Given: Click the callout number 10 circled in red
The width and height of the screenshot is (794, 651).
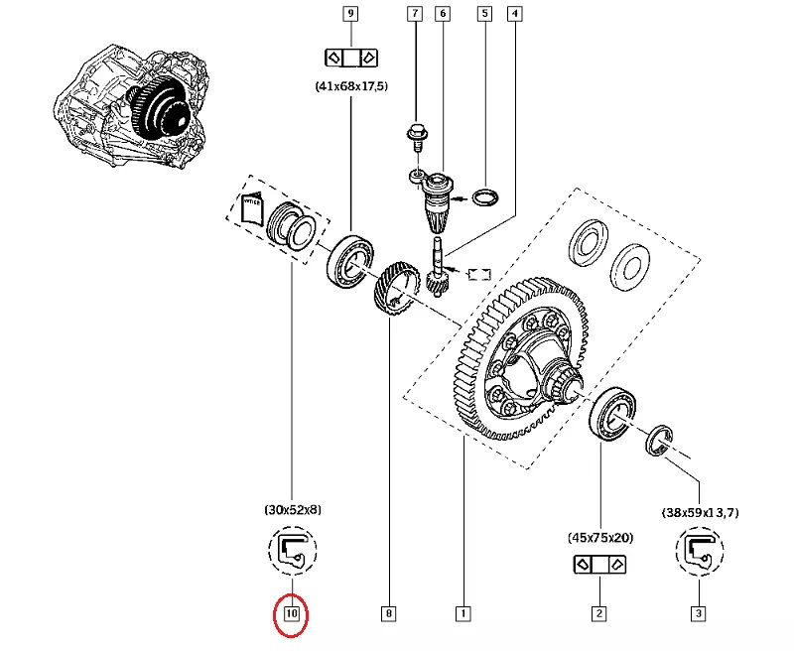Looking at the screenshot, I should point(292,614).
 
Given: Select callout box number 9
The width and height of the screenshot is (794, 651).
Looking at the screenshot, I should point(349,14).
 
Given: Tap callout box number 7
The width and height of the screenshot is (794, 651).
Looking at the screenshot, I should point(415,14).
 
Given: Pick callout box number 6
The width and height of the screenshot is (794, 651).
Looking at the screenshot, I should point(443,14).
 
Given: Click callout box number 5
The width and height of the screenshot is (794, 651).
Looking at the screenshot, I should point(483,14).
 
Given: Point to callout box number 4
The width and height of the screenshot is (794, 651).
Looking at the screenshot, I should point(514,14).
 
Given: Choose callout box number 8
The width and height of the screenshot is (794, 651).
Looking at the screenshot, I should point(388,614).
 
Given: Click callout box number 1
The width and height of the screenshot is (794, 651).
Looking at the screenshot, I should point(463,614).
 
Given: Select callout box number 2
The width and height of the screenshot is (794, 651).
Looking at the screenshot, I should point(598,614).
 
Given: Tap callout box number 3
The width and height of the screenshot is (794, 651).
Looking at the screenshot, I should point(699,614).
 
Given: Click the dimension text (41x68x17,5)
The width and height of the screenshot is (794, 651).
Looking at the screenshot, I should point(349,86).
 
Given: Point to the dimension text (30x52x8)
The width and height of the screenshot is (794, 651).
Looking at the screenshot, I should point(292,509).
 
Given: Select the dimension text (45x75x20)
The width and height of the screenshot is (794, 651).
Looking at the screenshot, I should point(598,537).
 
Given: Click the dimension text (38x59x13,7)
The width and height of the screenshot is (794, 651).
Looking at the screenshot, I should point(700,513).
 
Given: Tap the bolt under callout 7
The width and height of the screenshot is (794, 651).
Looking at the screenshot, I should point(415,133).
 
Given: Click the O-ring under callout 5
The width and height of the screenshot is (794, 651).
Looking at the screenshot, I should point(483,196).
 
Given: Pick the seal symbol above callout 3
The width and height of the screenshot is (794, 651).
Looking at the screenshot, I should point(699,553).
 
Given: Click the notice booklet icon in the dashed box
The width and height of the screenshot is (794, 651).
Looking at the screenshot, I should point(251,208).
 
